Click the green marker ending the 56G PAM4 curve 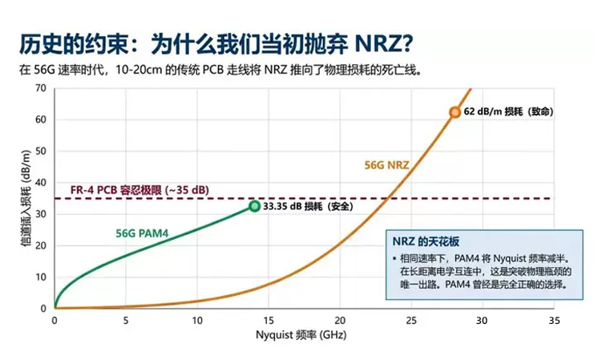[x=254, y=206]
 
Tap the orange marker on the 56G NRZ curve [x=455, y=112]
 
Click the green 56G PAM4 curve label [x=141, y=233]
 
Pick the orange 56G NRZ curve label [x=387, y=166]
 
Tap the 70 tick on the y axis [x=41, y=87]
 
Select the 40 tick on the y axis [x=41, y=182]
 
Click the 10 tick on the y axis [x=41, y=277]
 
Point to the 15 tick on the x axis [x=268, y=320]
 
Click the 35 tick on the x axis [x=552, y=320]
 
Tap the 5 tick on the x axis [x=126, y=320]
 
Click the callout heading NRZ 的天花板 [x=426, y=241]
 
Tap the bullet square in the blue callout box [x=394, y=259]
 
